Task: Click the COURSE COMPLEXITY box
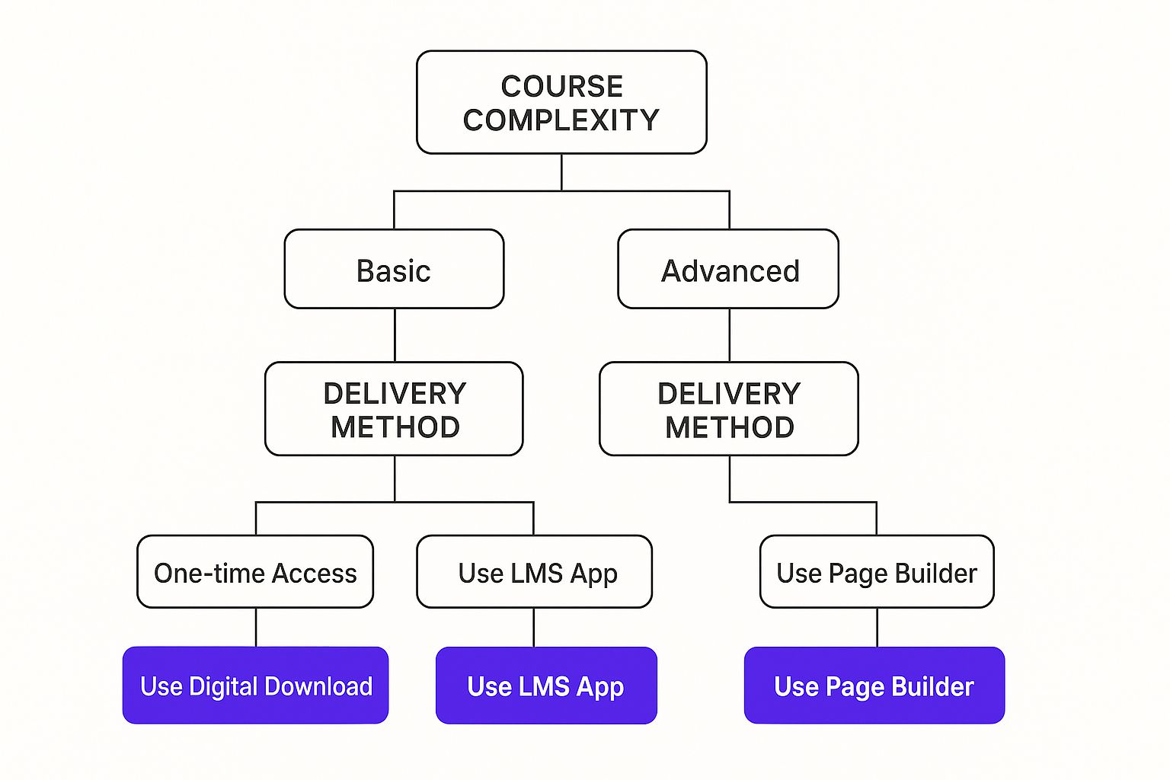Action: point(561,102)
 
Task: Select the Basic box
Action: point(394,269)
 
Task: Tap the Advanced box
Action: point(728,269)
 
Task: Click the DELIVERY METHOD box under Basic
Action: point(394,409)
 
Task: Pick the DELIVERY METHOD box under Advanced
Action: point(729,409)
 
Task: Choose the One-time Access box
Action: point(255,571)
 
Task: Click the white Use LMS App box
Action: point(534,571)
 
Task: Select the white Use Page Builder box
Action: point(877,571)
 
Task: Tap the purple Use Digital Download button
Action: point(255,686)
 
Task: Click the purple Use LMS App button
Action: point(546,686)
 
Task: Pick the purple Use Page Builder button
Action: point(874,686)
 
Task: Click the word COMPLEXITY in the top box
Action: point(561,120)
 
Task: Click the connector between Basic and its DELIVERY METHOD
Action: point(395,335)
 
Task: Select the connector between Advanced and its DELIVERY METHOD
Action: point(730,335)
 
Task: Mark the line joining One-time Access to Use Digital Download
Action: point(256,628)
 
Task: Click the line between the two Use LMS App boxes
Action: point(534,628)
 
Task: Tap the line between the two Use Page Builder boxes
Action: point(877,628)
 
